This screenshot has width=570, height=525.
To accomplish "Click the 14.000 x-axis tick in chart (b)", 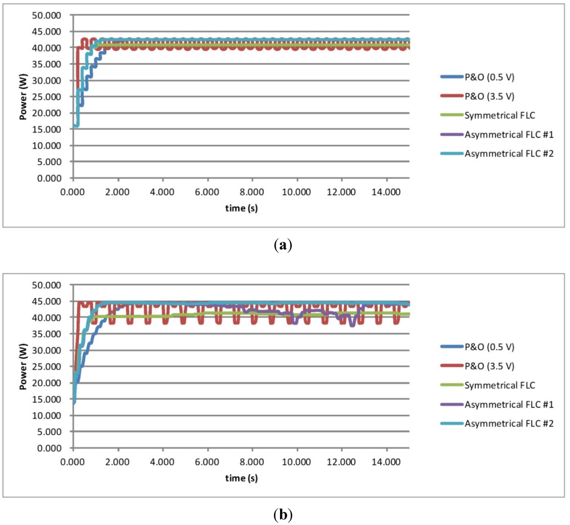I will (x=386, y=462).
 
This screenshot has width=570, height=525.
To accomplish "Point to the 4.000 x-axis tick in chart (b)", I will (x=163, y=462).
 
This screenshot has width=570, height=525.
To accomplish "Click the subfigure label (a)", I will (x=284, y=246).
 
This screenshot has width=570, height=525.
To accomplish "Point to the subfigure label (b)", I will (x=284, y=514).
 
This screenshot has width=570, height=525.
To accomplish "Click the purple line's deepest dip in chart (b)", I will (x=352, y=325).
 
